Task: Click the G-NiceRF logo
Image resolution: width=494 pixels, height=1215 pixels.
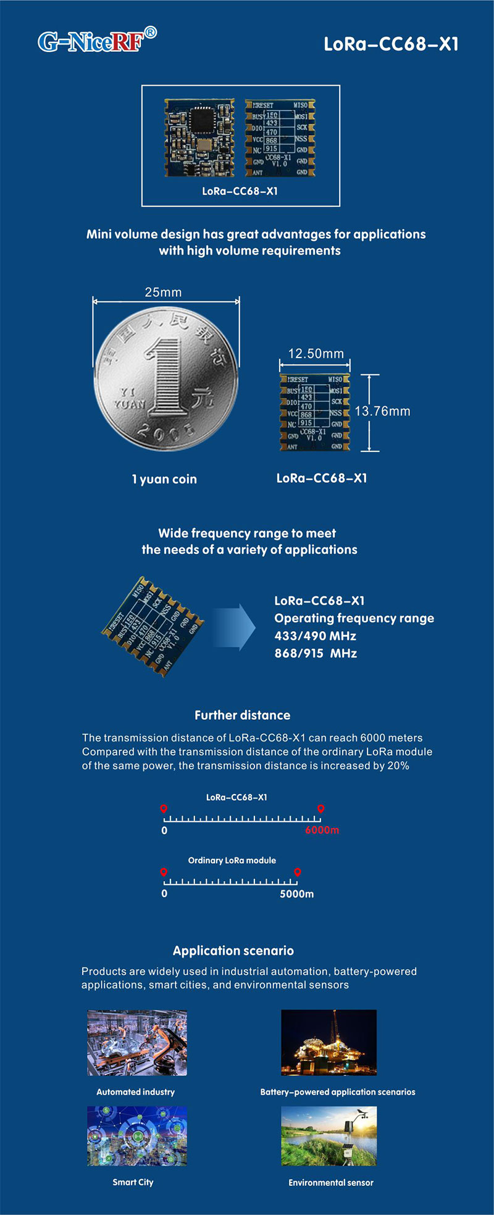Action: (97, 41)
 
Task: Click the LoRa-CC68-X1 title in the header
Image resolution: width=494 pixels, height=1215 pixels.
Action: (391, 44)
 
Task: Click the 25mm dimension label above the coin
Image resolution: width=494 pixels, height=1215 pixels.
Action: (163, 292)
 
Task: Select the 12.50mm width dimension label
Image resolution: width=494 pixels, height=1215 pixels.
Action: (316, 354)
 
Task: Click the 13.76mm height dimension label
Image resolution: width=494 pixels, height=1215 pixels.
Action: (382, 411)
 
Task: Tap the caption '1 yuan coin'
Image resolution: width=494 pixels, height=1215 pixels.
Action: (164, 479)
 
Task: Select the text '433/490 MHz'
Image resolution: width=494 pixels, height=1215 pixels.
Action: (315, 636)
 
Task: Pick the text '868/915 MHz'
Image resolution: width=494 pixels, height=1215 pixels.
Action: (316, 653)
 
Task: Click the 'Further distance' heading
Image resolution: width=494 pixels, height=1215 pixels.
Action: (242, 715)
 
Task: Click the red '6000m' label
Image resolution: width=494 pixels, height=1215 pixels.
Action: (322, 830)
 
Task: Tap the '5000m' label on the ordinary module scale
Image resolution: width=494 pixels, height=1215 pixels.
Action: (296, 894)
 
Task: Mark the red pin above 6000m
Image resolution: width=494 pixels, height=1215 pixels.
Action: (320, 809)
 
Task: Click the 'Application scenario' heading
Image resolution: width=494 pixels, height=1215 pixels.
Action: (233, 951)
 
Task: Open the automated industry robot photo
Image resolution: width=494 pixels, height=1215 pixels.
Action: (137, 1043)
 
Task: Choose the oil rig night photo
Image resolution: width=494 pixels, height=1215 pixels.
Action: (329, 1043)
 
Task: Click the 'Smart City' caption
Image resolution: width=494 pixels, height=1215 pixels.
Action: (133, 1182)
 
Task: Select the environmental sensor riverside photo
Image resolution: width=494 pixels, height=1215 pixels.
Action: (329, 1136)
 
